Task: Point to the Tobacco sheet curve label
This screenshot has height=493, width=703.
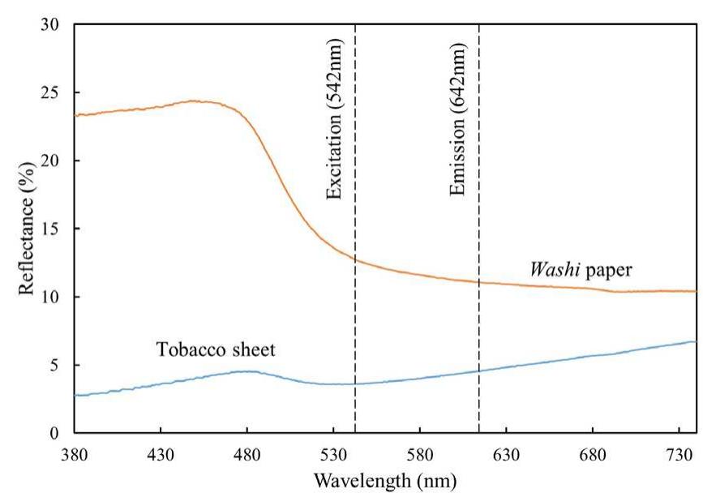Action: pos(216,350)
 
